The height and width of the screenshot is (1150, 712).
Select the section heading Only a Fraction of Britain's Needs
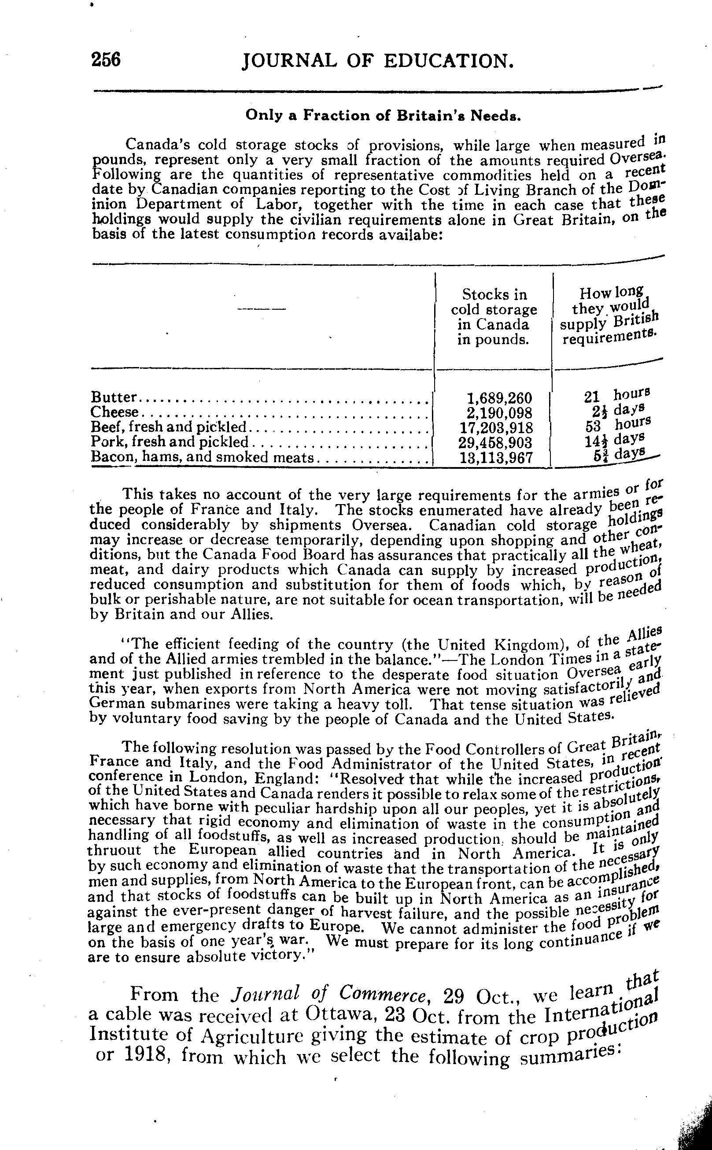[x=383, y=115]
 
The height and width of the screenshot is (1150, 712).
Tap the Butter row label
[x=114, y=397]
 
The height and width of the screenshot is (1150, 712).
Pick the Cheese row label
[x=115, y=412]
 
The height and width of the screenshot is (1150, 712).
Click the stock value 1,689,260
[x=499, y=399]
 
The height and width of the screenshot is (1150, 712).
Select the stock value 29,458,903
[x=495, y=442]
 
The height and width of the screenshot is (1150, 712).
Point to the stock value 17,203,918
[x=496, y=428]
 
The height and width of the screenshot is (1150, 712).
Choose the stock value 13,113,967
[x=496, y=457]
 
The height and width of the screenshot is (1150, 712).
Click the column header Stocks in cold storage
[x=494, y=317]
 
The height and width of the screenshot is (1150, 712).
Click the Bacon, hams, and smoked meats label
[x=202, y=457]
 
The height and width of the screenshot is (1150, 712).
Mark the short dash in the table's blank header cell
[x=262, y=309]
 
